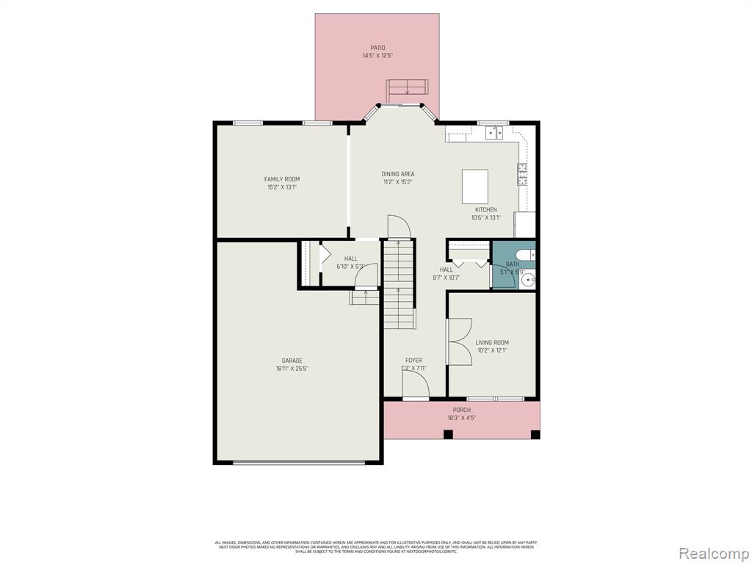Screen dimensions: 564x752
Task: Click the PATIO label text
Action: (x=377, y=48)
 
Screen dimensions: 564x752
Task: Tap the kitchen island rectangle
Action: (x=475, y=186)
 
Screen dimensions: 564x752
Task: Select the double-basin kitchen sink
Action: (x=493, y=133)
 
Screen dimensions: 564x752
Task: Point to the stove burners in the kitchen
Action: (x=522, y=175)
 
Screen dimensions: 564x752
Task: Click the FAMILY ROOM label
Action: (x=282, y=179)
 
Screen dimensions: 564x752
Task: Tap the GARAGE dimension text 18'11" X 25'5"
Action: (x=292, y=369)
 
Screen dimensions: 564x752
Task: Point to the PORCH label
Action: (x=462, y=410)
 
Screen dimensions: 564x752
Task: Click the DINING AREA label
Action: (x=397, y=174)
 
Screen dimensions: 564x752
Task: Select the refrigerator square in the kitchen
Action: (x=524, y=225)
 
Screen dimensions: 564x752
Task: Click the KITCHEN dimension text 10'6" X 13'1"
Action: (x=485, y=217)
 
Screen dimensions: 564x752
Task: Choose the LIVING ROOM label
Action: (x=492, y=342)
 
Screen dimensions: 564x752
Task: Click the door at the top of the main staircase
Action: (x=397, y=227)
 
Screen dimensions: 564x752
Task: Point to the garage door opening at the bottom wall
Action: (x=298, y=462)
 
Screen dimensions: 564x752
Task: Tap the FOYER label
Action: (x=413, y=360)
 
